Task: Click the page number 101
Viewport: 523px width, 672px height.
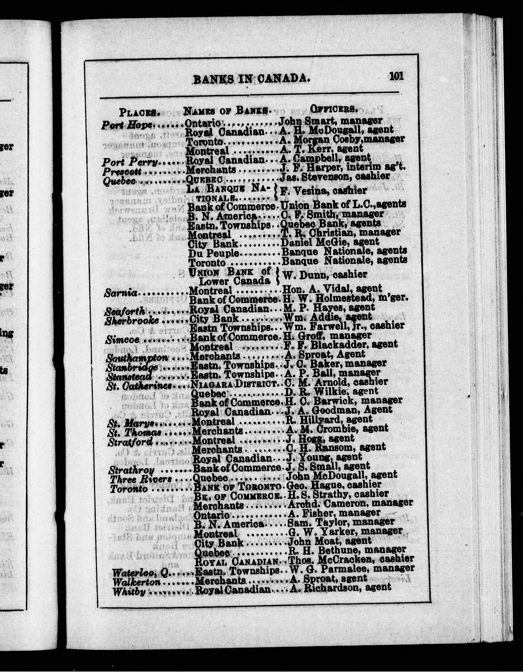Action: tap(396, 76)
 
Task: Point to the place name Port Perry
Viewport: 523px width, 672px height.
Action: tap(130, 162)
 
